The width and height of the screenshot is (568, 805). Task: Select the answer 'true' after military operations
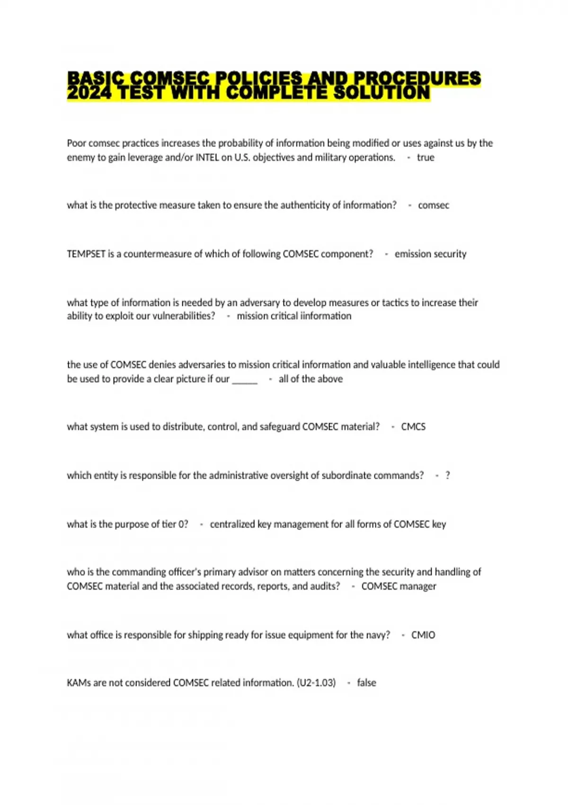[425, 158]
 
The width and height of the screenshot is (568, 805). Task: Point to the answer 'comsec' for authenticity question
[433, 206]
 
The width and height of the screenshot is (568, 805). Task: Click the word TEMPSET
[86, 254]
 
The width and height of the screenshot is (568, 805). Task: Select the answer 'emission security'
[430, 254]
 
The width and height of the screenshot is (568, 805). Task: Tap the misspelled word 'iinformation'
[326, 316]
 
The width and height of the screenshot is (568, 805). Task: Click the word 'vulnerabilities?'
[183, 316]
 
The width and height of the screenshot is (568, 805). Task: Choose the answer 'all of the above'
[311, 379]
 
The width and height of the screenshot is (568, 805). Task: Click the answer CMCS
[413, 427]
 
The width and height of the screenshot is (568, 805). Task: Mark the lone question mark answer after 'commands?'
[447, 476]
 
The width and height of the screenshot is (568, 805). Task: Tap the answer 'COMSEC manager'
[399, 587]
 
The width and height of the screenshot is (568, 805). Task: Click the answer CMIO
[423, 635]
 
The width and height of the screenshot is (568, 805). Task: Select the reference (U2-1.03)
[316, 683]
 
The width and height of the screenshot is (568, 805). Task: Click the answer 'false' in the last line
[366, 683]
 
